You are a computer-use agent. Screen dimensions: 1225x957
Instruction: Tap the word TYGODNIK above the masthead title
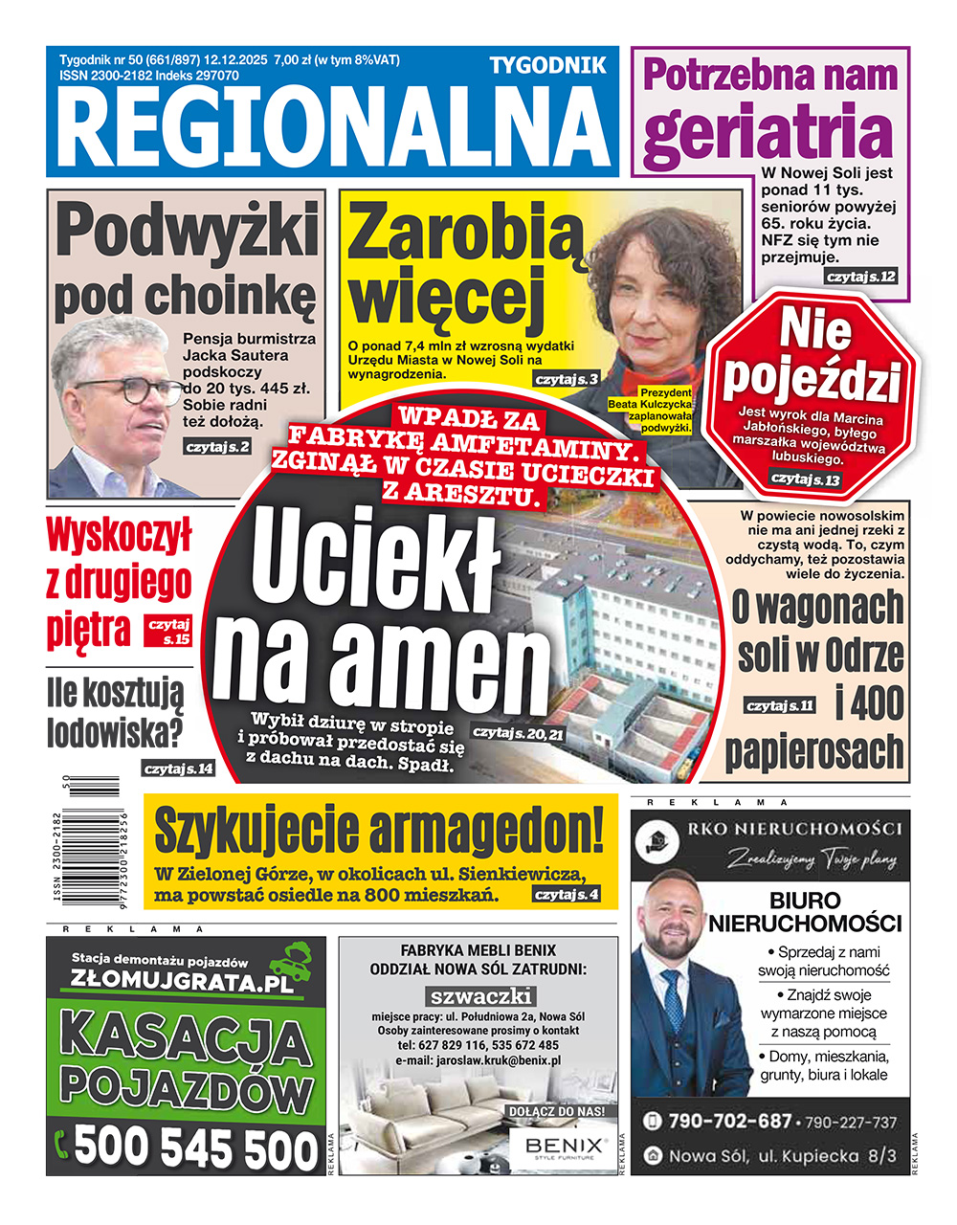pyautogui.click(x=547, y=65)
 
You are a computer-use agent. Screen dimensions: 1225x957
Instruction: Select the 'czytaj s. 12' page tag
pyautogui.click(x=861, y=277)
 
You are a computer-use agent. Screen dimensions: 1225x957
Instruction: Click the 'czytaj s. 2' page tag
pyautogui.click(x=218, y=446)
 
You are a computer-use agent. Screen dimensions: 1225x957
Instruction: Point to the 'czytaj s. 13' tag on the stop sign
pyautogui.click(x=805, y=478)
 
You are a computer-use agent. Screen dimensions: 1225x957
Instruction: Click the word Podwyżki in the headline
pyautogui.click(x=187, y=231)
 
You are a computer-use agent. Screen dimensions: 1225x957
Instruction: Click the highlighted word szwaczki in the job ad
pyautogui.click(x=479, y=996)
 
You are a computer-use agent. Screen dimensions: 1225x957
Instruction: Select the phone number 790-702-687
pyautogui.click(x=729, y=1121)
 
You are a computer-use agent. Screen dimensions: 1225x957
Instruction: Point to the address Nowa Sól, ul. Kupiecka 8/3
pyautogui.click(x=783, y=1156)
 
